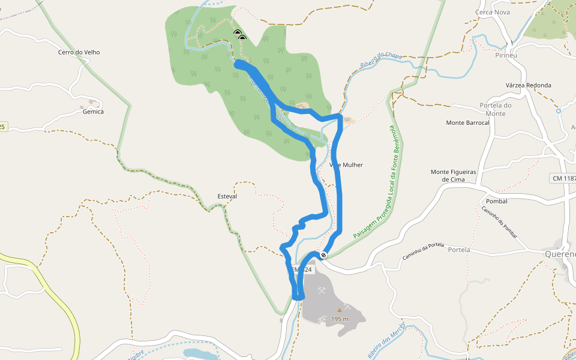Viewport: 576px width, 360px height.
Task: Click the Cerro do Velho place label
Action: coord(79,52)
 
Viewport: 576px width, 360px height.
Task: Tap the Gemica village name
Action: coord(93,112)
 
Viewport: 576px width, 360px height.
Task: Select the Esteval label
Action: coord(227,196)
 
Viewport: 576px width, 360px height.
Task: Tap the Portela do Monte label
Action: coord(496,109)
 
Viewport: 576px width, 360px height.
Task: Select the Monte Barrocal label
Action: coord(468,122)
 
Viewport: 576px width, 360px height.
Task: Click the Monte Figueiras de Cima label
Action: coord(453,175)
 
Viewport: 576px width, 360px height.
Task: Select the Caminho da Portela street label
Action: coord(423,254)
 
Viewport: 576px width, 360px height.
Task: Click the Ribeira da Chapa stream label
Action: coord(380,61)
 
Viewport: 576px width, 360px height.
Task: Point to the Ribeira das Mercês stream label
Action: coord(387,342)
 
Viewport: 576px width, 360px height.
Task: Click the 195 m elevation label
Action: coord(339,319)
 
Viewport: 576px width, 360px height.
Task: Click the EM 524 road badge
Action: coord(302,270)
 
